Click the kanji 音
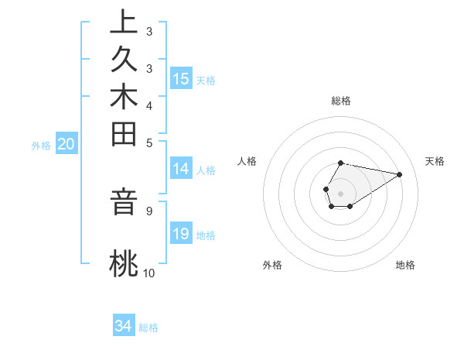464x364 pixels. pos(124,201)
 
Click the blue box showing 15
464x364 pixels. pos(181,79)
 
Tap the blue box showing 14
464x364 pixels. pos(181,170)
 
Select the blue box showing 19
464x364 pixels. pos(181,234)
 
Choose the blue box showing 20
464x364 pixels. pos(67,144)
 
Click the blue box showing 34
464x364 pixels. pos(124,327)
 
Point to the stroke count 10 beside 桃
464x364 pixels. pos(148,273)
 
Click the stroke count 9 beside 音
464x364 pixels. pos(148,209)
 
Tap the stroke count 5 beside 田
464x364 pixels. pos(148,143)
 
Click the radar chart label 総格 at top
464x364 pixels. pos(341,101)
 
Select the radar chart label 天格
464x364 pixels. pos(435,161)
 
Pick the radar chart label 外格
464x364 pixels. pos(272,265)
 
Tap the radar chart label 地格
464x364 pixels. pos(405,265)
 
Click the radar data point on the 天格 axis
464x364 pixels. pos(400,173)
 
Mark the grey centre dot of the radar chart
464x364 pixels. pos(340,193)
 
